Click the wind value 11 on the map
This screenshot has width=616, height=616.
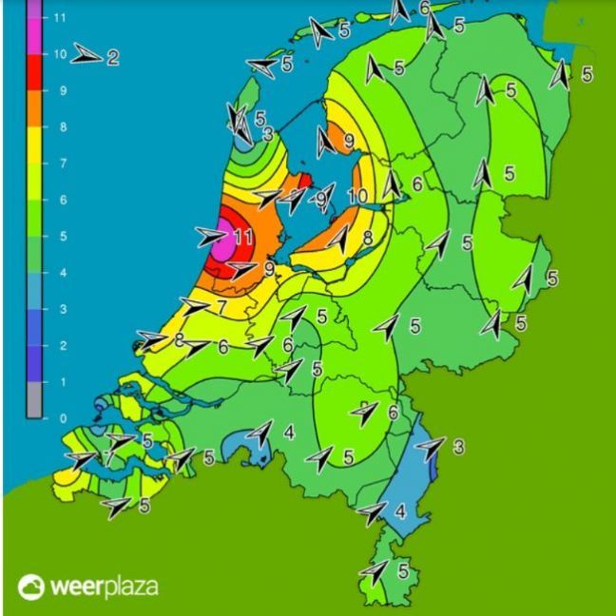[x=242, y=236]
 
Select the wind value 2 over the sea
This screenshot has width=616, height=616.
[x=112, y=57]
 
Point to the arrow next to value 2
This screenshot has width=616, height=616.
[x=86, y=55]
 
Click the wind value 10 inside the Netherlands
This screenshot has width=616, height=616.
[x=357, y=197]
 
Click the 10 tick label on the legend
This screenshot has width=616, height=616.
[x=59, y=54]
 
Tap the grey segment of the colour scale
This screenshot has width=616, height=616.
[x=34, y=399]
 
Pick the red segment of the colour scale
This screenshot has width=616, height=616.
[x=34, y=72]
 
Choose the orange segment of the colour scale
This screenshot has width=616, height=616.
[x=34, y=108]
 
